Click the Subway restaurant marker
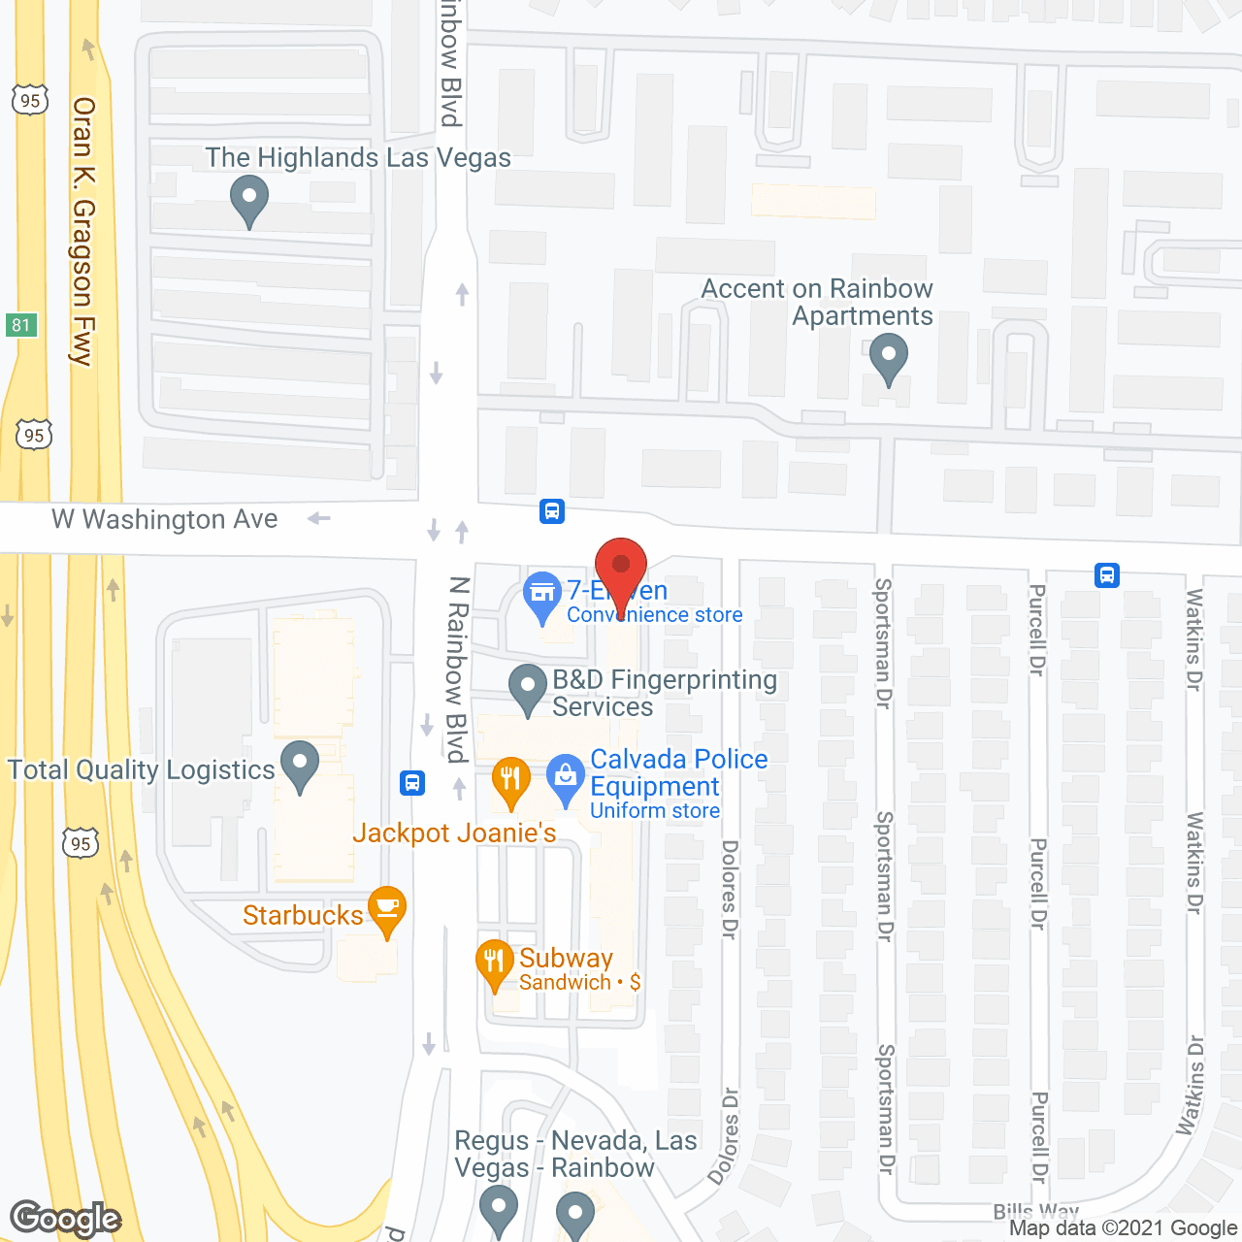coord(495,962)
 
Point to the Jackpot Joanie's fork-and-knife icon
coord(510,778)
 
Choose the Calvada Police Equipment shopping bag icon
coord(565,777)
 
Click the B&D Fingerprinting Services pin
coord(528,686)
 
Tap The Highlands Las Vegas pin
coord(249,197)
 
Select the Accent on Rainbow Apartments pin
coord(888,355)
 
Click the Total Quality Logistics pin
coord(300,763)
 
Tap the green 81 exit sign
coord(21,325)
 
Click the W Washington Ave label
coord(165,520)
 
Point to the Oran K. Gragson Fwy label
coord(83,231)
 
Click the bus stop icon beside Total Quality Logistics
coord(412,782)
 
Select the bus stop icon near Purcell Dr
coord(1107,575)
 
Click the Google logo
coord(66,1219)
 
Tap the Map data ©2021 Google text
coord(1124,1228)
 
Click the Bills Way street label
coord(1035,1211)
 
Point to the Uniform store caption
coord(655,811)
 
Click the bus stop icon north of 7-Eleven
coord(552,510)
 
